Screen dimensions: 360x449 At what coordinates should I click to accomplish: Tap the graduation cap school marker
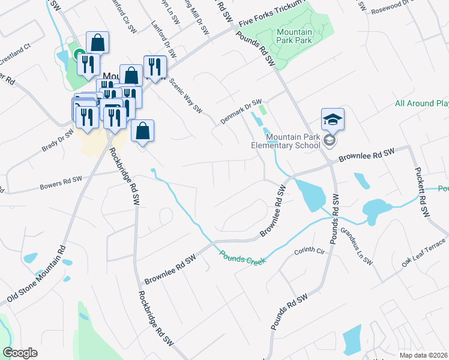click(x=332, y=119)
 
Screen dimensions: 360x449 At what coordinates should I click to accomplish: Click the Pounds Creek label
click(x=243, y=256)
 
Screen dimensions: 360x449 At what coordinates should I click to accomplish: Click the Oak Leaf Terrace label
click(x=424, y=253)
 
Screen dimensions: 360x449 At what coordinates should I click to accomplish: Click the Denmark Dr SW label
click(x=241, y=111)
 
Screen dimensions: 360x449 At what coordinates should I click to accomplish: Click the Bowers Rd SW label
click(x=60, y=180)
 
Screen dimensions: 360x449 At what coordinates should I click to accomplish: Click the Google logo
click(x=20, y=353)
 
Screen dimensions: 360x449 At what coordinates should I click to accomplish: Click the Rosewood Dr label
click(x=394, y=10)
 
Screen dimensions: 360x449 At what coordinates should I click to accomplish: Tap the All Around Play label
click(x=422, y=103)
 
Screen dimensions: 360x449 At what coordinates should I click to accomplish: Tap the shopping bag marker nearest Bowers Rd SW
click(x=142, y=131)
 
